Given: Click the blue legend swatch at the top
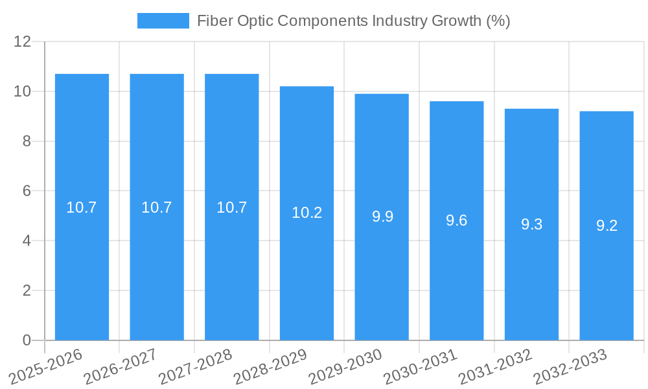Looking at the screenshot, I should [x=163, y=21].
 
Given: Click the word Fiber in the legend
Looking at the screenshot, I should [x=213, y=21].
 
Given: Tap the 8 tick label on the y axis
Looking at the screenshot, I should [x=27, y=141].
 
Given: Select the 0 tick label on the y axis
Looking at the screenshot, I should [x=27, y=340].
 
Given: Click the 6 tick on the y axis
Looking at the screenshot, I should [x=27, y=191].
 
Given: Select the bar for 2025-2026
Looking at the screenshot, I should [x=82, y=259].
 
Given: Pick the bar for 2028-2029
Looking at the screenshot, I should [x=307, y=272].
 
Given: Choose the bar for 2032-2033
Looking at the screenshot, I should [x=607, y=279].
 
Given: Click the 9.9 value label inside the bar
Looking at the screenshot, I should [x=382, y=217].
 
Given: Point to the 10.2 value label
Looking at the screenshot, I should [x=307, y=213].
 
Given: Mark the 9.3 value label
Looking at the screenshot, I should [x=531, y=224].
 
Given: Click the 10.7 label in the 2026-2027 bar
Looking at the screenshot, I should [x=157, y=207].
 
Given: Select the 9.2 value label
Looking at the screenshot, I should [x=607, y=226].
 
